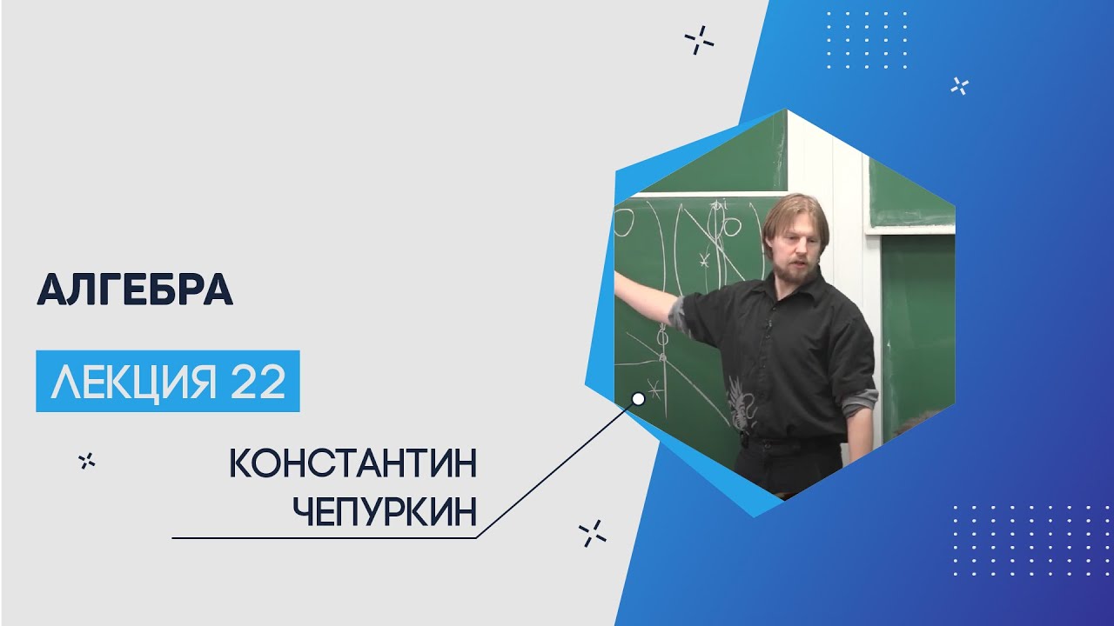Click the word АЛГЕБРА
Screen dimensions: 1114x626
pyautogui.click(x=135, y=290)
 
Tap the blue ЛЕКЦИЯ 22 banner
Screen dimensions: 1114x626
pyautogui.click(x=168, y=381)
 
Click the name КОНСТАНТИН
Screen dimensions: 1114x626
pyautogui.click(x=353, y=463)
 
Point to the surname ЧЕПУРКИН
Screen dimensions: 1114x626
pyautogui.click(x=385, y=510)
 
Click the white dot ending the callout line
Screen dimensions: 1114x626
pyautogui.click(x=639, y=398)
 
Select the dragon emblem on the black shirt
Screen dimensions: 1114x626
pyautogui.click(x=744, y=403)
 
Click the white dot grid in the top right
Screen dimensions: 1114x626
pyautogui.click(x=867, y=40)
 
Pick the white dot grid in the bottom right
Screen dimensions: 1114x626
pyautogui.click(x=1033, y=541)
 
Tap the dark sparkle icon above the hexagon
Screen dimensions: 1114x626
pyautogui.click(x=699, y=40)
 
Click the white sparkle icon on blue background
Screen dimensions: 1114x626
pyautogui.click(x=960, y=86)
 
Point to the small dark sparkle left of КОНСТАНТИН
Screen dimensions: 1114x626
pyautogui.click(x=87, y=461)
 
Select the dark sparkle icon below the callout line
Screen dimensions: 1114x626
pyautogui.click(x=593, y=534)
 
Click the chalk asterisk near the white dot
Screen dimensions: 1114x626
pyautogui.click(x=654, y=389)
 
